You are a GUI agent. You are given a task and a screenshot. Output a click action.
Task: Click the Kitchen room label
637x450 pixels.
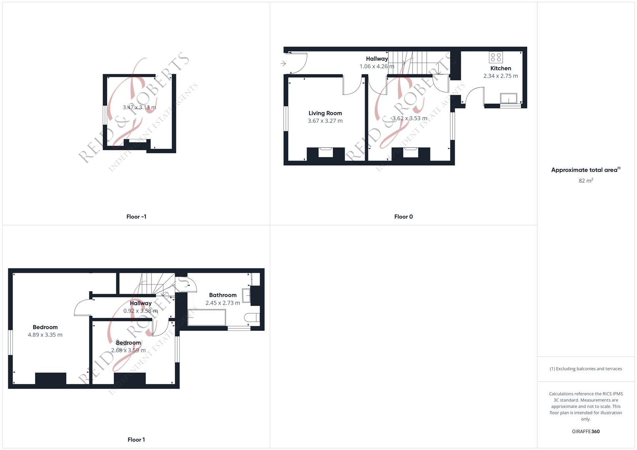[501, 68]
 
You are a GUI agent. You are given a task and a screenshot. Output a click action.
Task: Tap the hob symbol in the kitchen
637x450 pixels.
[496, 57]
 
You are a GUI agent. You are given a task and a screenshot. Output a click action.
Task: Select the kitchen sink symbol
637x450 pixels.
[509, 98]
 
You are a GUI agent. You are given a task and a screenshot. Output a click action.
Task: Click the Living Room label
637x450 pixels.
[325, 113]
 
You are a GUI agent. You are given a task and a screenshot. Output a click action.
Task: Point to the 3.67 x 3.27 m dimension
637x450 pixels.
[325, 121]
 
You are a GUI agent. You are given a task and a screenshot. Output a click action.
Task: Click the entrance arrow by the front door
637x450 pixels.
[283, 64]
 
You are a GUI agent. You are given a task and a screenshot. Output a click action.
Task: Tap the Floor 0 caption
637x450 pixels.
[403, 217]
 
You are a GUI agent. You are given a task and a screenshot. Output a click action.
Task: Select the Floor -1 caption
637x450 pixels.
[136, 217]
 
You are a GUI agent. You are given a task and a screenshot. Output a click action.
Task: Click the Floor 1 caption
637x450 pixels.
[136, 440]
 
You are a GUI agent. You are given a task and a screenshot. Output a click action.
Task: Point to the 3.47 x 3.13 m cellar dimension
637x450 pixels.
[139, 107]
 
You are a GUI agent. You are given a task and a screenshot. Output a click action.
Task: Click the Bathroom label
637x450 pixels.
[223, 295]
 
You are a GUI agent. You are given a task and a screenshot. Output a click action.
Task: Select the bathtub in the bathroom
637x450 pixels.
[206, 318]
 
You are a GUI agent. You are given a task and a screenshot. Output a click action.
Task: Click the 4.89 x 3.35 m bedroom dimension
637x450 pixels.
[45, 335]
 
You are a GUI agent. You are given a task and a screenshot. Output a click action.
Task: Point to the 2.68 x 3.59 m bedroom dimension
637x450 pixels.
[128, 350]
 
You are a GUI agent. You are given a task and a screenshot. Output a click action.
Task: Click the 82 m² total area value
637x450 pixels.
[586, 180]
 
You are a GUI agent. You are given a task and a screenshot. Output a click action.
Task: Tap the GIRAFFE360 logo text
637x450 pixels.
[586, 432]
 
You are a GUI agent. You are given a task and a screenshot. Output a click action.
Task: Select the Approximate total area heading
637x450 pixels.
[585, 170]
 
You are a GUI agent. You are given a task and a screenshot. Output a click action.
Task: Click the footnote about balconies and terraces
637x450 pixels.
[586, 369]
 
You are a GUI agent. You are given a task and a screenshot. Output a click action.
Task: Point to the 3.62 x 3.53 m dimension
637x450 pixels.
[409, 118]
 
